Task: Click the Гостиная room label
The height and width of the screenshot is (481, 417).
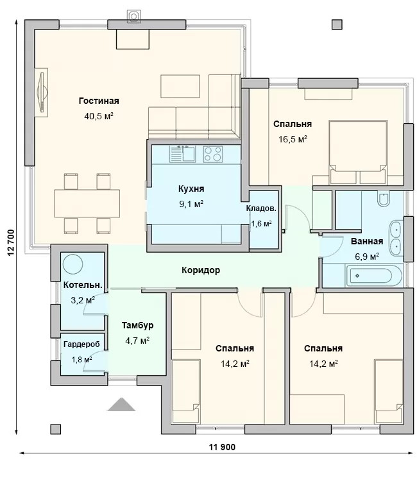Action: click(99, 101)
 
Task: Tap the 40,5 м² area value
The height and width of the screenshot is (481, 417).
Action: click(99, 116)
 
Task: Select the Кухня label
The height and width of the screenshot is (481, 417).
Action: click(191, 189)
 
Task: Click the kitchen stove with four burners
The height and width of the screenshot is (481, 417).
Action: click(213, 154)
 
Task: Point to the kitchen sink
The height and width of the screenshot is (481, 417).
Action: click(183, 154)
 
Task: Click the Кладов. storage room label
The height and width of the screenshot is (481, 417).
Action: click(261, 208)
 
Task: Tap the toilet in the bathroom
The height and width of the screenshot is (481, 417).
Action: click(384, 199)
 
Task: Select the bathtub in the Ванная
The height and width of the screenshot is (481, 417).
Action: click(373, 276)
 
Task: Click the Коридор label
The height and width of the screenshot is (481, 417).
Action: click(201, 270)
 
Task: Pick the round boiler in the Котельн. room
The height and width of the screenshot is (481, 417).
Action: click(72, 264)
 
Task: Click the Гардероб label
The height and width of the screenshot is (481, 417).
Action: click(81, 344)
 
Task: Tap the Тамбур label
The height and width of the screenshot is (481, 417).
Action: click(137, 325)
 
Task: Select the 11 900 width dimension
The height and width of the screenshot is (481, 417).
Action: click(222, 447)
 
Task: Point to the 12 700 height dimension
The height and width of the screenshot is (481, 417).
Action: click(11, 242)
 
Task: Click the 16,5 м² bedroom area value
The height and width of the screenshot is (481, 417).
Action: click(293, 139)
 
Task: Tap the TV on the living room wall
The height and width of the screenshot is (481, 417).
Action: click(42, 92)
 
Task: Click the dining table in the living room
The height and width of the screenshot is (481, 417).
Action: click(87, 203)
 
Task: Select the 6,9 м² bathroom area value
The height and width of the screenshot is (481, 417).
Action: click(367, 257)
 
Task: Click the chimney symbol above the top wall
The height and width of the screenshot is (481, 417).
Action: click(133, 15)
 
